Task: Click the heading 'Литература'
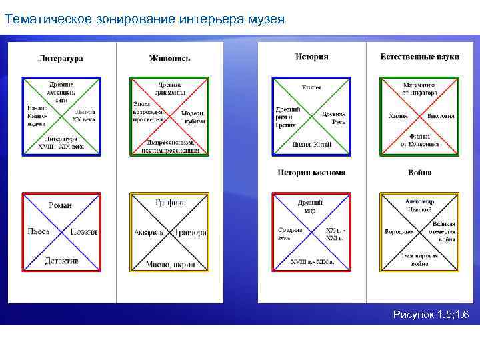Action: pos(61,59)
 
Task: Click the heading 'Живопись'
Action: pos(169,59)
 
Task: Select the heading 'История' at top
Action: pos(311,57)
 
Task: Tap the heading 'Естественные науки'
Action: pos(420,57)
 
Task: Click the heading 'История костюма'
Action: pos(311,173)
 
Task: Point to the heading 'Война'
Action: pos(420,173)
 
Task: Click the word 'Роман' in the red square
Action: pos(61,205)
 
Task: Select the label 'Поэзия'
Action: pos(84,232)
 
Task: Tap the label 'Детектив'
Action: pos(61,261)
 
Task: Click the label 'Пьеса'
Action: pos(37,232)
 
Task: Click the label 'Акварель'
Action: pos(150,233)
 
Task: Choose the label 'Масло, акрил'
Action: pos(169,265)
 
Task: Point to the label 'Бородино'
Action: pos(398,232)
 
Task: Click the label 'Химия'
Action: pos(399,115)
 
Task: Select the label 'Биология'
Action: pos(441,115)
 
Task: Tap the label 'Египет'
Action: pos(311,87)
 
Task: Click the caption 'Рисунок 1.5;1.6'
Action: pos(431,314)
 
